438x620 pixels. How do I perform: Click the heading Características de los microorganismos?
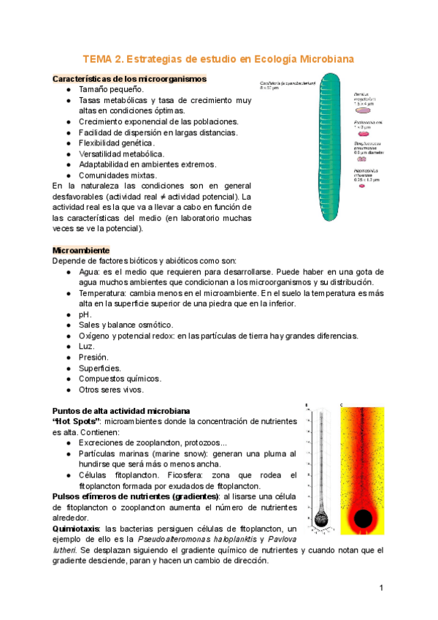129,78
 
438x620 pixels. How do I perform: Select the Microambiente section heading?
81,250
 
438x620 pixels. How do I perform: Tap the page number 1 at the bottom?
381,588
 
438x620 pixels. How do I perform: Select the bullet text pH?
85,314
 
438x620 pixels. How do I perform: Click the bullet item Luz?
87,346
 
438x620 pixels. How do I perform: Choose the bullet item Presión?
93,357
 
